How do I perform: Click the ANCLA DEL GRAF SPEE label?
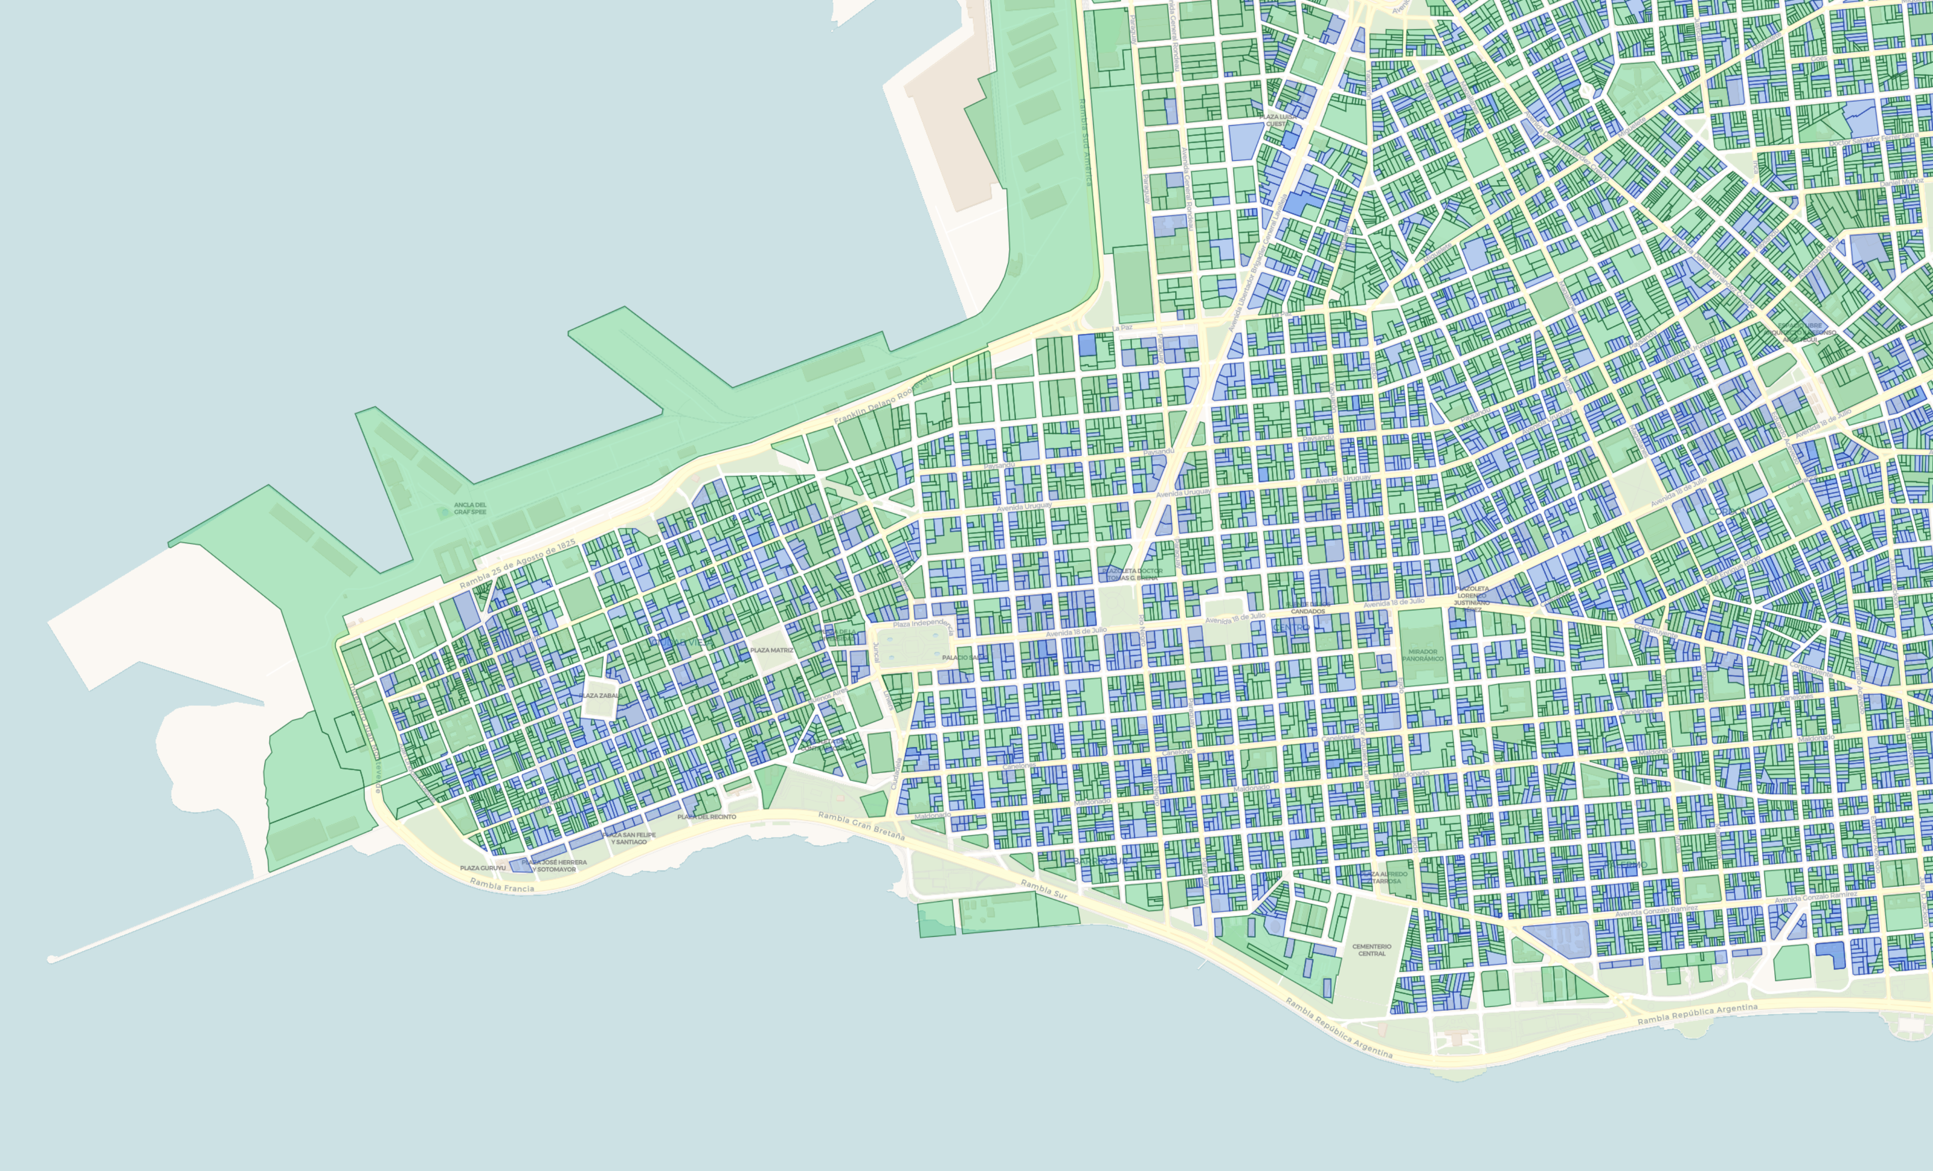tap(470, 508)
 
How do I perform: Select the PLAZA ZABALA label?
tap(600, 696)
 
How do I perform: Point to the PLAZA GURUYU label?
tap(482, 868)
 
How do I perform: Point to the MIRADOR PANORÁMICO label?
tap(1422, 655)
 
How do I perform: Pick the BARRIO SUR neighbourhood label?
tap(1100, 861)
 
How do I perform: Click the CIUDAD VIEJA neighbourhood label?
tap(681, 642)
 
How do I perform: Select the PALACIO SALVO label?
tap(964, 657)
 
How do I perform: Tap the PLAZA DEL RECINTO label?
tap(707, 816)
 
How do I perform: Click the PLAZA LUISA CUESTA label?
tap(1277, 120)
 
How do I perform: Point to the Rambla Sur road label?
tap(1043, 888)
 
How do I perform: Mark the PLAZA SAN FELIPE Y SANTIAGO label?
tap(630, 838)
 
